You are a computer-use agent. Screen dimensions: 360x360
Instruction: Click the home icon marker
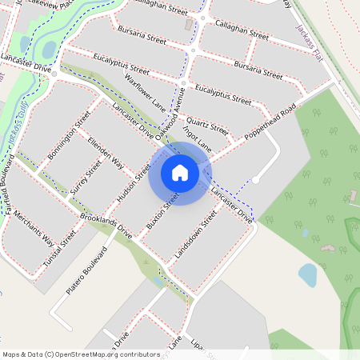[180, 173]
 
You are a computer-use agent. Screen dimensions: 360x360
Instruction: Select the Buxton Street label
[162, 210]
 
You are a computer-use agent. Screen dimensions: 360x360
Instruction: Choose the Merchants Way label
[34, 231]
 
